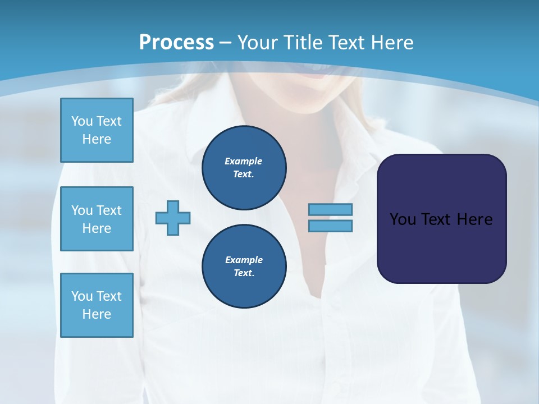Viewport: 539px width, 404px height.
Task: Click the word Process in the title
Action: coord(176,42)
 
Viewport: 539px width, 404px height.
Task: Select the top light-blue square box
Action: coord(97,130)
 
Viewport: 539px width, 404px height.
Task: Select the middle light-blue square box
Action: coord(97,219)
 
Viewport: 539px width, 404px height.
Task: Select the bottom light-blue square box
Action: coord(97,305)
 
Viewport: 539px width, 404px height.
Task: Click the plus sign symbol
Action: coord(173,218)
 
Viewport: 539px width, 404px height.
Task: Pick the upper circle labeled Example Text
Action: coord(244,168)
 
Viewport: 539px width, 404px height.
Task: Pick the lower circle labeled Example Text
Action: coord(244,267)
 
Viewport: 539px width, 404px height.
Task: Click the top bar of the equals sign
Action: coord(331,209)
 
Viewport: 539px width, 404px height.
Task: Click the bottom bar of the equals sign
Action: coord(331,226)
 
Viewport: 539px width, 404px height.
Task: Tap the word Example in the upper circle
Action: coord(244,161)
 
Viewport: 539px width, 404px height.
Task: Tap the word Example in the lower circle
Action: coord(244,260)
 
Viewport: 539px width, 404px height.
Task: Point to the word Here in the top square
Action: coord(97,139)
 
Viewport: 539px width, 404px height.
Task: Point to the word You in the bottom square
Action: coord(83,296)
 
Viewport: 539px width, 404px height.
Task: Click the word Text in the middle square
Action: coord(109,210)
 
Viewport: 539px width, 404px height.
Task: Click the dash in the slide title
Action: coord(226,43)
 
